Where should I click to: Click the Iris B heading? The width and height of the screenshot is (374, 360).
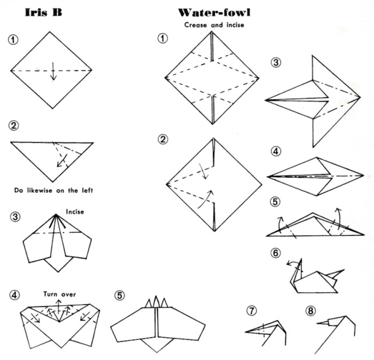[x=43, y=12]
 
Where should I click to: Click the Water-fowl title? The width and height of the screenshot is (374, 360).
[x=214, y=13]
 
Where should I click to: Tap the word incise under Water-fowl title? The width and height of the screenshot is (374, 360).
[x=235, y=25]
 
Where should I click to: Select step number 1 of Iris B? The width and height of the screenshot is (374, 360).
[x=13, y=40]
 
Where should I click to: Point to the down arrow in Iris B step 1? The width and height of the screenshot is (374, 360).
[x=53, y=71]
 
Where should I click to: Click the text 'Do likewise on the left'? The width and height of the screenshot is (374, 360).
[x=53, y=190]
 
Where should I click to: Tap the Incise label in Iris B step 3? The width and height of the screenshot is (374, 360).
[x=75, y=212]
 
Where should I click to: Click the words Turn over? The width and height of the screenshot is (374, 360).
[x=60, y=294]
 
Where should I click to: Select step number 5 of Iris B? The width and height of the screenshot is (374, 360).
[x=120, y=295]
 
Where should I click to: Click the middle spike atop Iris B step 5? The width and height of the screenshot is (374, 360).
[x=156, y=302]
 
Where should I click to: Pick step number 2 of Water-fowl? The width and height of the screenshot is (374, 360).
[x=162, y=139]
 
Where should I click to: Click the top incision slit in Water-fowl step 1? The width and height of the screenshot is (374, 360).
[x=212, y=46]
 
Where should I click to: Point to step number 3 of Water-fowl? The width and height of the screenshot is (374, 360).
[x=276, y=62]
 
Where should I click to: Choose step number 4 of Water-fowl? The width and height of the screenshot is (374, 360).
[x=276, y=151]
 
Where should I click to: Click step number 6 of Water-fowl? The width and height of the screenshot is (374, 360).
[x=276, y=253]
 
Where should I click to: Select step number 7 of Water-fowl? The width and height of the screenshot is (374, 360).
[x=252, y=311]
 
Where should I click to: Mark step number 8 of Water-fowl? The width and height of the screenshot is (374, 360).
[x=311, y=311]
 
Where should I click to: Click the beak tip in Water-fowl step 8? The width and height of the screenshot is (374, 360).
[x=317, y=323]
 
